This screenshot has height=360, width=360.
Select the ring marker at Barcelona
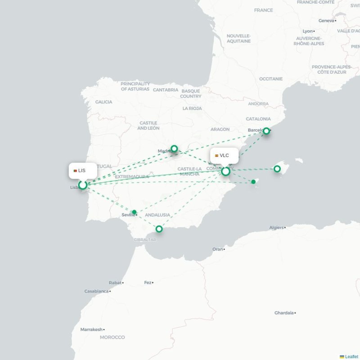point(266,131)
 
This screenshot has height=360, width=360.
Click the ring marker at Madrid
point(174,148)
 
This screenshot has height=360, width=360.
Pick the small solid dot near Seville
point(134,212)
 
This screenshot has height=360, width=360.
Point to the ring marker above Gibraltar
point(159,229)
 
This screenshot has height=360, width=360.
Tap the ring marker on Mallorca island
point(277,169)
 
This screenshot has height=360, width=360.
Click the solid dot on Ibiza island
point(253,182)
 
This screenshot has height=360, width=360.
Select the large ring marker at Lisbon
point(83,185)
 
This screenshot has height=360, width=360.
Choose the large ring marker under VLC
point(226,171)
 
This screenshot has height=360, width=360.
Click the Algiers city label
point(276,228)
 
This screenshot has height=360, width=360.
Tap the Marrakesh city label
point(91,329)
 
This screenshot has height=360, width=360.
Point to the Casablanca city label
point(96,291)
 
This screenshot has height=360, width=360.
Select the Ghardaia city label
point(284,313)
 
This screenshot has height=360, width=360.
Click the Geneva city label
point(326,21)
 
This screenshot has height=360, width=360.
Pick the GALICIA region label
point(103,102)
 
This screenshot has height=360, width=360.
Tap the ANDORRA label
point(258,103)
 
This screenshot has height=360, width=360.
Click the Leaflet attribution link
point(351,356)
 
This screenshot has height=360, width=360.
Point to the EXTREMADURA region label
point(131,177)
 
